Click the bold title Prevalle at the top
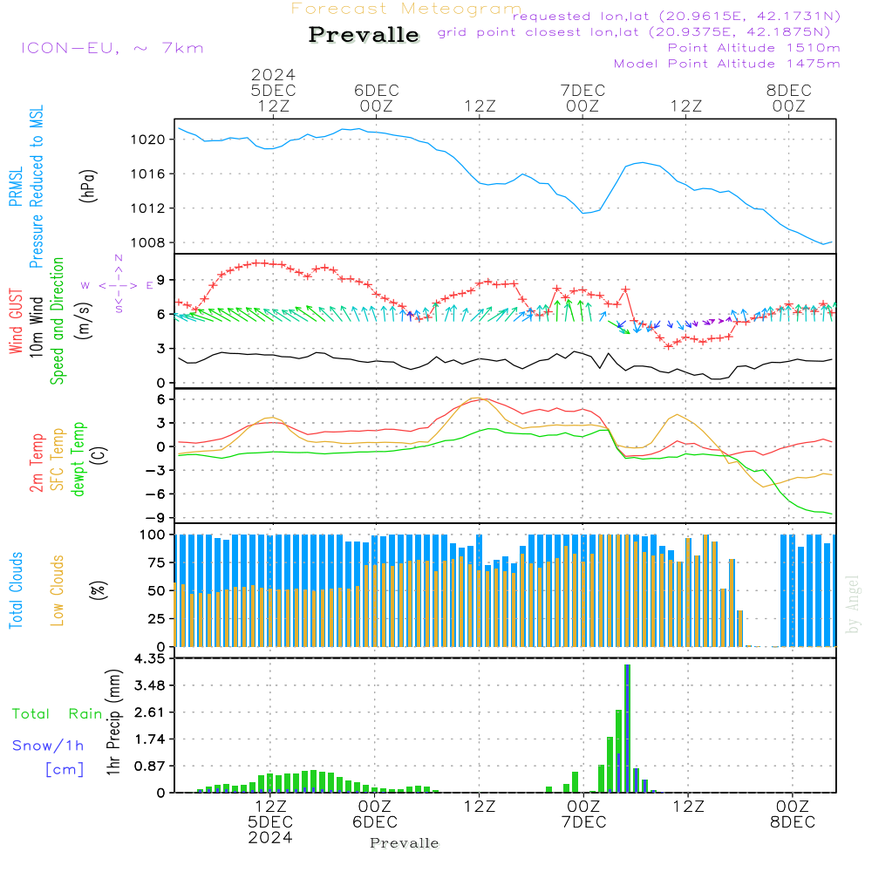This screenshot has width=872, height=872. [364, 36]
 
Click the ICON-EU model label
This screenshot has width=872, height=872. [112, 48]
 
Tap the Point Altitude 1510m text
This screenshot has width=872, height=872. [753, 48]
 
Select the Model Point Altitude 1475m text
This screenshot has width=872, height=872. [726, 64]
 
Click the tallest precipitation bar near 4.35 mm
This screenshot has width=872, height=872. [626, 728]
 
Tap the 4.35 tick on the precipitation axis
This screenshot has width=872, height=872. [148, 658]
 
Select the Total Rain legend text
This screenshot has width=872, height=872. [57, 714]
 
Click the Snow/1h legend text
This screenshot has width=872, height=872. [49, 746]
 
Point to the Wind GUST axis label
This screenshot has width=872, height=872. [16, 322]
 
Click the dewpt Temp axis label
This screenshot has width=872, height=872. [78, 459]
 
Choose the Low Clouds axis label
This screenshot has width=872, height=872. [58, 589]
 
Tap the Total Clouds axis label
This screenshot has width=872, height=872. [16, 590]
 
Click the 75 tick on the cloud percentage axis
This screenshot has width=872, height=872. [153, 562]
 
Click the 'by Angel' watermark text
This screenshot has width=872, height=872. [854, 604]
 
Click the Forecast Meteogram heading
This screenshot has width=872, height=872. [406, 9]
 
